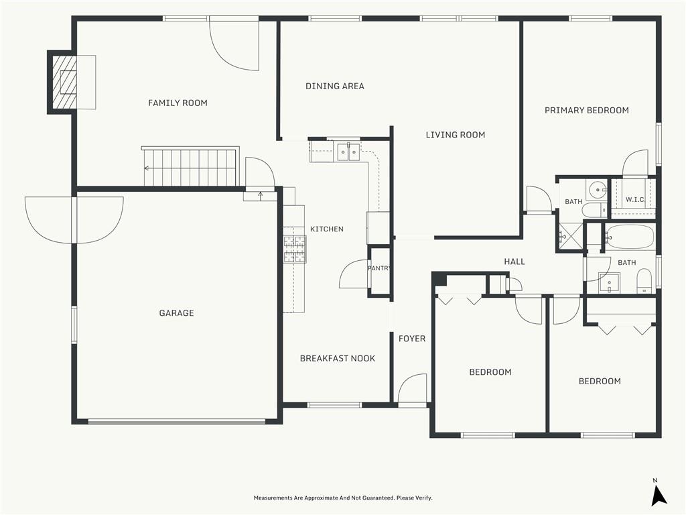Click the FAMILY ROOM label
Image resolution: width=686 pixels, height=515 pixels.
[x=178, y=103]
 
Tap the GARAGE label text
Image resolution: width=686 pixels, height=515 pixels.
[x=176, y=312]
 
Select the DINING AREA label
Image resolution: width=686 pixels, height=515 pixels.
[x=335, y=87]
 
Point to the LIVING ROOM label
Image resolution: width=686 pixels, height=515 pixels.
[x=456, y=135]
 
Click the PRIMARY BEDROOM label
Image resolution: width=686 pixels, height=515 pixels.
[x=587, y=111]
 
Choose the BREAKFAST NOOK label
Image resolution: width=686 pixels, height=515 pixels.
[x=338, y=358]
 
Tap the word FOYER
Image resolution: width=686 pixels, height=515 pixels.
[x=412, y=339]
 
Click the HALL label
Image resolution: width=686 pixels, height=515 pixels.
[x=514, y=262]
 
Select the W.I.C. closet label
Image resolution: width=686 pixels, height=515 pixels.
[x=635, y=200]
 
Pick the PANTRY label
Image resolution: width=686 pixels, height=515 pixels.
[x=379, y=268]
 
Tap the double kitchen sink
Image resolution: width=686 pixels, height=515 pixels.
[x=348, y=152]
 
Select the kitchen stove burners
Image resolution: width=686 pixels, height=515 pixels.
[x=295, y=249]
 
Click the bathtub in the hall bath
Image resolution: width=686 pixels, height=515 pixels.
[x=630, y=237]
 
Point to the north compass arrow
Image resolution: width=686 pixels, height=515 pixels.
[x=659, y=495]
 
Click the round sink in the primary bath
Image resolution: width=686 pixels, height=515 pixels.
[x=597, y=190]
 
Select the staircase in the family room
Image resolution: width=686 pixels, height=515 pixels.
[x=190, y=167]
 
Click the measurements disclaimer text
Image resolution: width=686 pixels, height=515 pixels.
[x=343, y=498]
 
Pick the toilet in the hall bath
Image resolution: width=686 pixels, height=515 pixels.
[x=644, y=281]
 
